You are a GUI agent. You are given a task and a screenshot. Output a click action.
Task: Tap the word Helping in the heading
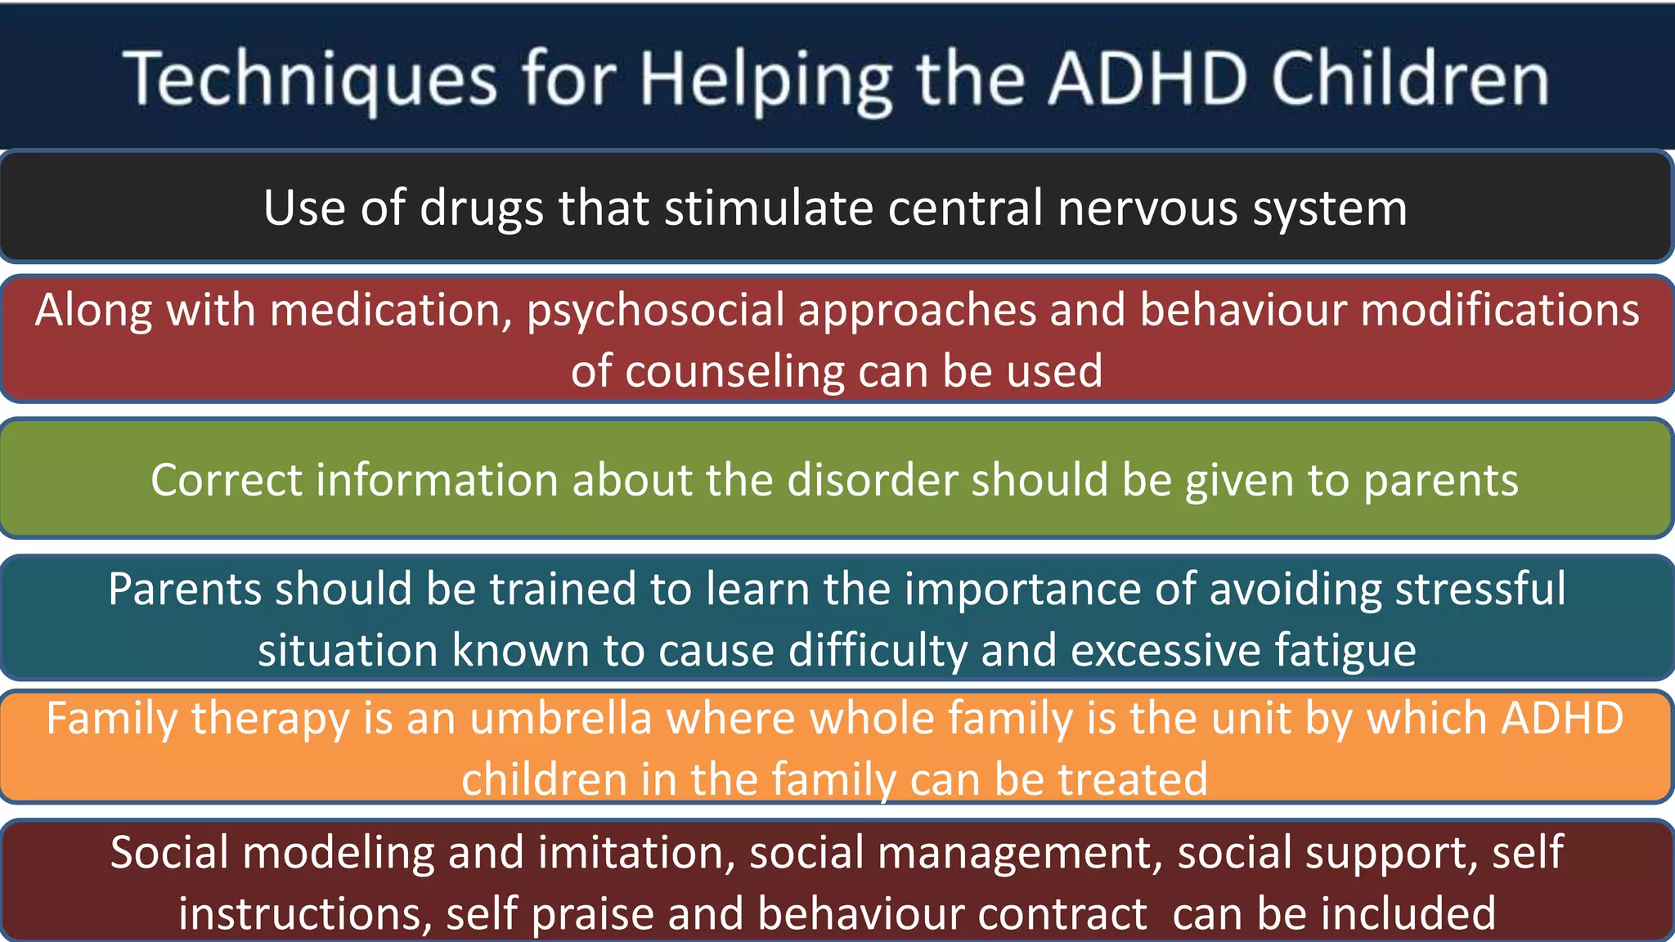[x=766, y=79]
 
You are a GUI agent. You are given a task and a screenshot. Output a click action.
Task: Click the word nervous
[x=1147, y=208]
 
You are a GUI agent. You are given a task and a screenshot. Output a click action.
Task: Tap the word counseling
[x=734, y=371]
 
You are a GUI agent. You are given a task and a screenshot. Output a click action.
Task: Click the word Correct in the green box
[x=226, y=480]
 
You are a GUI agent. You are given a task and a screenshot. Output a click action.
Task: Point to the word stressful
[x=1480, y=589]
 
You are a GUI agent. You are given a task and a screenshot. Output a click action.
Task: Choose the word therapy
[x=270, y=719]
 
